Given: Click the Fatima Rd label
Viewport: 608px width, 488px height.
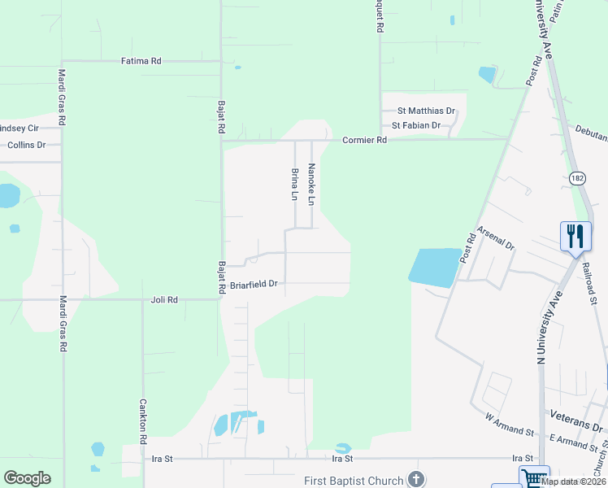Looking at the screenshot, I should (141, 60).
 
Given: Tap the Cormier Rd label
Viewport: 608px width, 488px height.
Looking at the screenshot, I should (364, 140).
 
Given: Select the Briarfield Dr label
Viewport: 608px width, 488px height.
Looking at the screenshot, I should (254, 284).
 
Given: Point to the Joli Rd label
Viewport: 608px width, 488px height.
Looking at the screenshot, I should (164, 299).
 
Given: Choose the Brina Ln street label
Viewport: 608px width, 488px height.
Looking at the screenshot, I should (294, 184).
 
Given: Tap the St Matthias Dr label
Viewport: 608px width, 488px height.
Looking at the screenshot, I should (426, 111).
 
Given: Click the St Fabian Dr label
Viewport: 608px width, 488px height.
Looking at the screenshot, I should (415, 125).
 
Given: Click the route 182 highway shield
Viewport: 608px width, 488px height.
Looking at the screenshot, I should (576, 177).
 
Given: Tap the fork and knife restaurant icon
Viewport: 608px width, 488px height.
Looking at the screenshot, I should (575, 237).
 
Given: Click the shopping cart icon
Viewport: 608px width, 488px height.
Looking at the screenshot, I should (534, 477).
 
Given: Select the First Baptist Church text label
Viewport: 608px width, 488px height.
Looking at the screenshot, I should (354, 481).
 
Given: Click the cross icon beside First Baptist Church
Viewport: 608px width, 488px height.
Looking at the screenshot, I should (416, 479).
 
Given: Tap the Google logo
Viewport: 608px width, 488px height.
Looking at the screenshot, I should (27, 477).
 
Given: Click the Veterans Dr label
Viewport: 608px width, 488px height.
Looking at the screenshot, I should (576, 414).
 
